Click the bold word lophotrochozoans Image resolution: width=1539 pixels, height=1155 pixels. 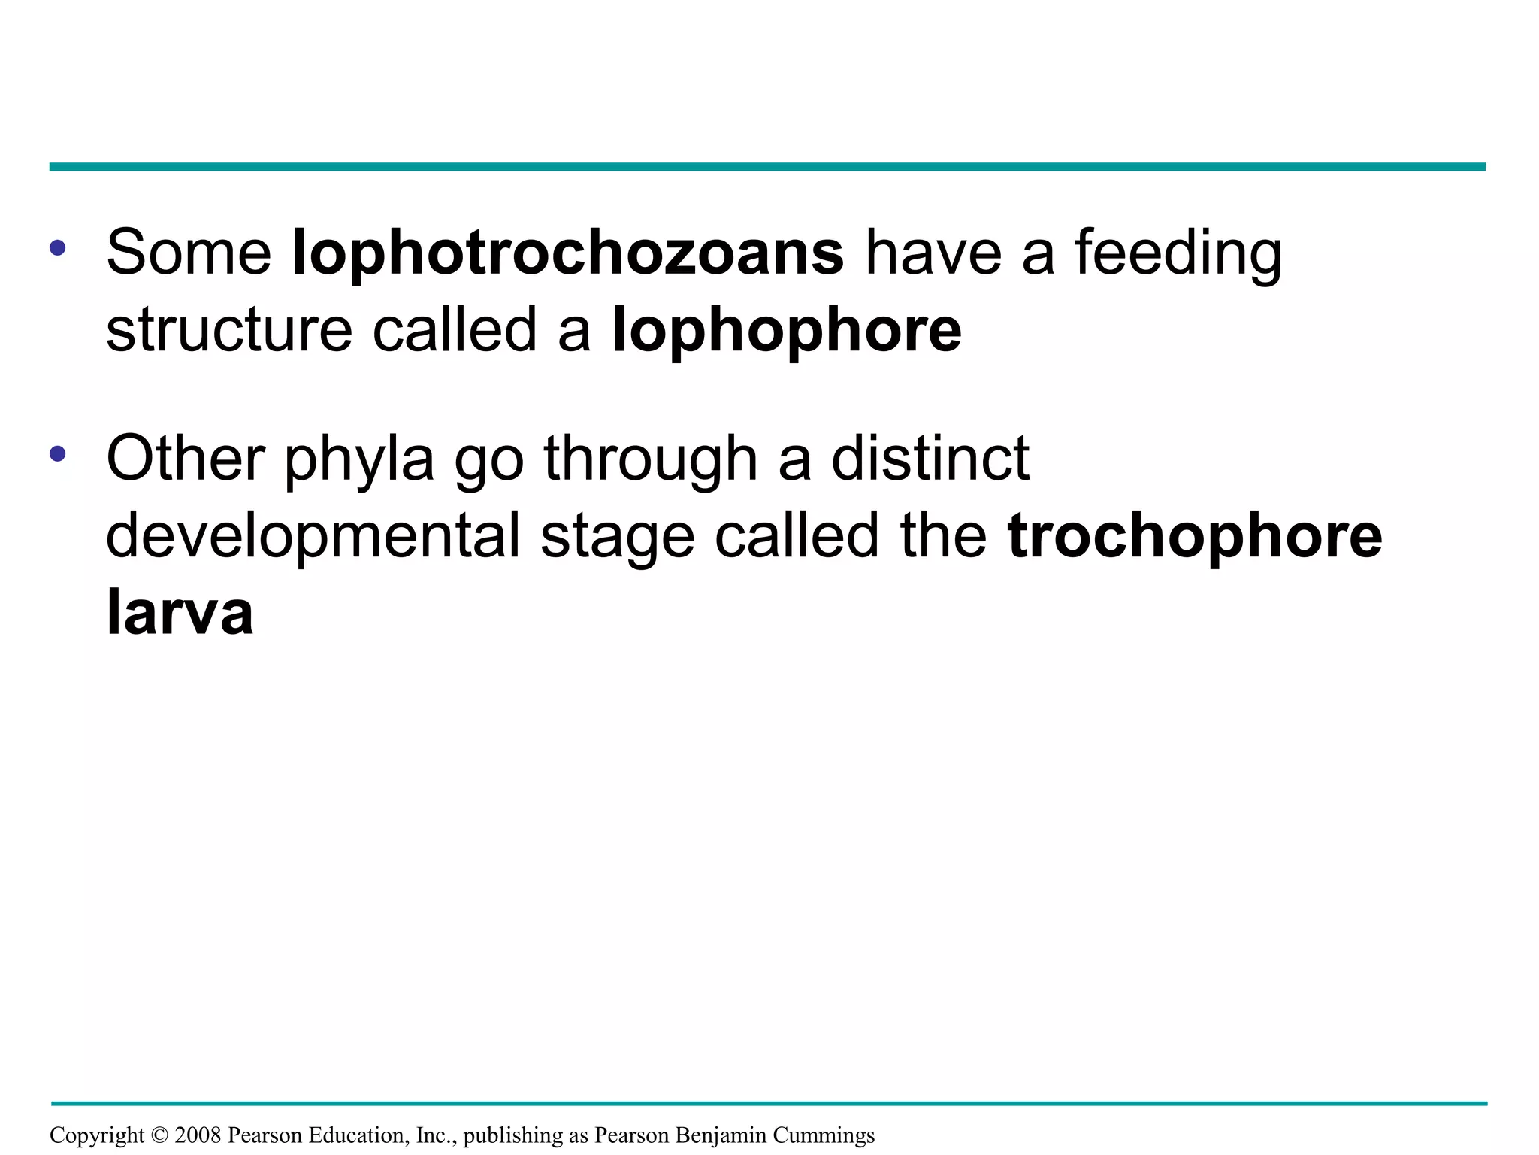(568, 253)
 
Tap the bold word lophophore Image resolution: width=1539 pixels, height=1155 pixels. (787, 331)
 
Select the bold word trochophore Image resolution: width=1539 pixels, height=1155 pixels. (1195, 536)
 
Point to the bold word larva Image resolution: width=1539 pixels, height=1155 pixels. (180, 613)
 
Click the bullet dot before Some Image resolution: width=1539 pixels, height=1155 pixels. (58, 247)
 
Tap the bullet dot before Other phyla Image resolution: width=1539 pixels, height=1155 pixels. (58, 453)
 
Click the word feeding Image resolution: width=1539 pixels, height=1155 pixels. (1178, 253)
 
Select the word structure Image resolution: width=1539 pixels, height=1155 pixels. (229, 331)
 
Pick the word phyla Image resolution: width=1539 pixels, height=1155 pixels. (359, 460)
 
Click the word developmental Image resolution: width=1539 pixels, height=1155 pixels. (313, 536)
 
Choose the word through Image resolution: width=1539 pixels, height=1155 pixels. (651, 460)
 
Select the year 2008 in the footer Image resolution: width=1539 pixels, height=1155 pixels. (198, 1135)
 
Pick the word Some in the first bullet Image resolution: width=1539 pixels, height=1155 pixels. (189, 253)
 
